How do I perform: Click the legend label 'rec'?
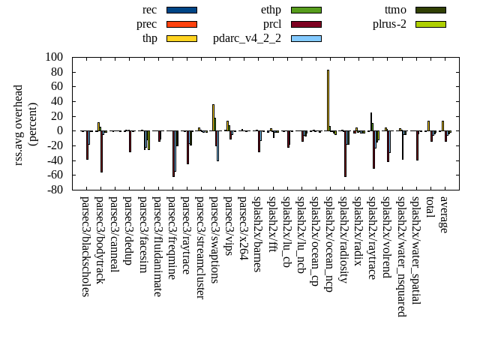tap(149, 10)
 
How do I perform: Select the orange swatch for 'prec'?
tap(181, 24)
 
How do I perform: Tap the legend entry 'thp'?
tap(149, 38)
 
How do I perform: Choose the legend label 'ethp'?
tap(271, 10)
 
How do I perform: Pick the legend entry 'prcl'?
tap(272, 24)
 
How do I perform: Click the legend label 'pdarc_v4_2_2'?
tap(247, 38)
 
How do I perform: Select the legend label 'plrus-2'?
tap(389, 24)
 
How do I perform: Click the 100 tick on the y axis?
tap(54, 57)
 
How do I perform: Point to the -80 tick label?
tap(54, 190)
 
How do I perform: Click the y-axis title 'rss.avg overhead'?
tap(19, 124)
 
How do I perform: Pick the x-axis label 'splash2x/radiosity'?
tap(343, 241)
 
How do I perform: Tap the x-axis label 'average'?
tap(444, 214)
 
